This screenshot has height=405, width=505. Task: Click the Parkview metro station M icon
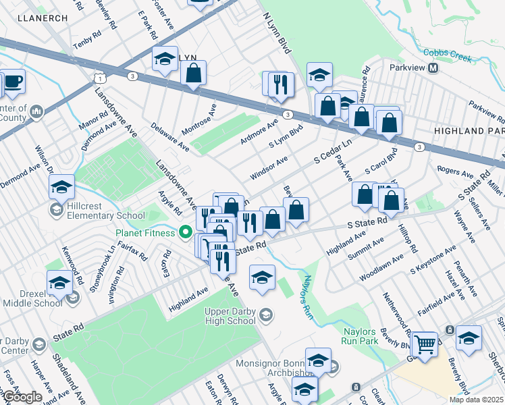433,68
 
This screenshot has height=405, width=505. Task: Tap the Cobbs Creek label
446,55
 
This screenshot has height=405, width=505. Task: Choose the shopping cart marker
425,344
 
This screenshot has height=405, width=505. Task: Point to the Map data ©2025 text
476,400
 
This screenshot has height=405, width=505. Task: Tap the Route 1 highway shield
100,79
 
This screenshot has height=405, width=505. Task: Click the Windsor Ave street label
269,167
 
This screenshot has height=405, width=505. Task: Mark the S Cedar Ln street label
333,153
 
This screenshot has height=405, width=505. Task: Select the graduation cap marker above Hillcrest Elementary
61,188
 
